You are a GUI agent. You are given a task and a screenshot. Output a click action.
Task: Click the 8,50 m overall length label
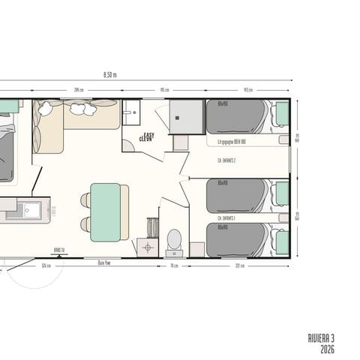pos(109,74)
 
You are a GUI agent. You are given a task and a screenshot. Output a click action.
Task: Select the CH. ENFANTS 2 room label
pos(226,160)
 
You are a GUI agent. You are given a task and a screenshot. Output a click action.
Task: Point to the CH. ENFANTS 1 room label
pos(226,218)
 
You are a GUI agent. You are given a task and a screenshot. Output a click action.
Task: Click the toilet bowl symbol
pos(173,240)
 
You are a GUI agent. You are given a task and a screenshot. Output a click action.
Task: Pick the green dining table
pos(105,212)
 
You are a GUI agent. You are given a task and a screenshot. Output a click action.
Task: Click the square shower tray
pos(187,117)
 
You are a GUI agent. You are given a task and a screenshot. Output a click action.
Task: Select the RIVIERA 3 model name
pos(321,339)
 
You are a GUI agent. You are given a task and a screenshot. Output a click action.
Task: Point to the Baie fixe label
pos(103,263)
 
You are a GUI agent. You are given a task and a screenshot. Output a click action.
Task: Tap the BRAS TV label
pos(58,250)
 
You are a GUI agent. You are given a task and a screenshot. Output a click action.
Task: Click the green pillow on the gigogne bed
pos(282,114)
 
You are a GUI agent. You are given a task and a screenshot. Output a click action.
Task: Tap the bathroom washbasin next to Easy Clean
pos(132,115)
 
